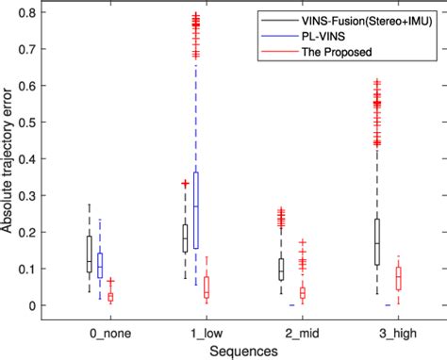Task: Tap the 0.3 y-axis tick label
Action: click(x=36, y=195)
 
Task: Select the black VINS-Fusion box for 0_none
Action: click(x=90, y=253)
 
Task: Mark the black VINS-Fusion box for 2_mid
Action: click(x=280, y=270)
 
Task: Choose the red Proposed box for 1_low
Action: click(x=207, y=287)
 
